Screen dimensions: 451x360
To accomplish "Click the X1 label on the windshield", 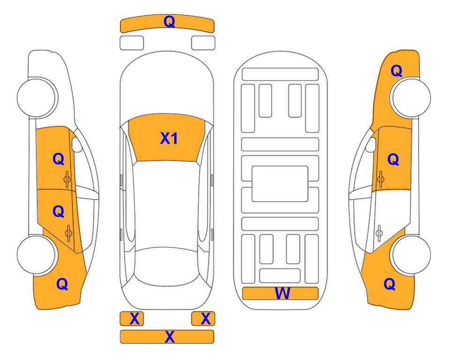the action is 169,138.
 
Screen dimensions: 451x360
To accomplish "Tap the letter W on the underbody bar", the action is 282,293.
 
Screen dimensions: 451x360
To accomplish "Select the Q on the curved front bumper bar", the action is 169,22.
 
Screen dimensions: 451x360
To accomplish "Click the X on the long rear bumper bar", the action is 170,337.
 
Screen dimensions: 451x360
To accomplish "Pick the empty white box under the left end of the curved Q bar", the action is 132,43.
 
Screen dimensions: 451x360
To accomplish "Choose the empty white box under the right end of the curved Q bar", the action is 203,43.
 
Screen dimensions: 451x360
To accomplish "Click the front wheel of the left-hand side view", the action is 37,97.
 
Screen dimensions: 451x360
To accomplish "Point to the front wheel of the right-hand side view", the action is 411,97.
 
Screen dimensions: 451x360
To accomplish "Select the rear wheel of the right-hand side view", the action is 411,255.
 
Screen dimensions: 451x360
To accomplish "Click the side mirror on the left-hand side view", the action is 76,144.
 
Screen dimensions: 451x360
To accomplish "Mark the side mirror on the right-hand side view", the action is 371,144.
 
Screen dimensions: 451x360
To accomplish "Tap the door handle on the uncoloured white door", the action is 379,233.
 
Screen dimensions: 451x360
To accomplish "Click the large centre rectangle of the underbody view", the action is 280,184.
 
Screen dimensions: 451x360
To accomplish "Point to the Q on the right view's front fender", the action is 396,71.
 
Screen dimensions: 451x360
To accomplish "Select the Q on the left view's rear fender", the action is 62,284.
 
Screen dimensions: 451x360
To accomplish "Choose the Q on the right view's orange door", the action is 393,159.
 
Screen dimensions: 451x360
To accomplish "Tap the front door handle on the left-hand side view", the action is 67,179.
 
